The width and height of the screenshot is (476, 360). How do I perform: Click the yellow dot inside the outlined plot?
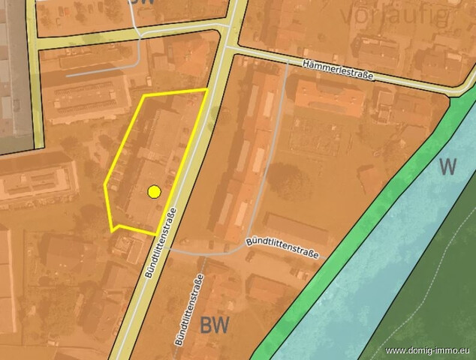pyautogui.click(x=154, y=192)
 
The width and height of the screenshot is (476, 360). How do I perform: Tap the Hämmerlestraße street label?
pyautogui.click(x=338, y=71)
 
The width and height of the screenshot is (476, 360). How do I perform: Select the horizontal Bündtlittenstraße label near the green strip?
pyautogui.click(x=282, y=248)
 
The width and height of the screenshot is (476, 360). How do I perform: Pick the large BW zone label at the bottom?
pyautogui.click(x=215, y=325)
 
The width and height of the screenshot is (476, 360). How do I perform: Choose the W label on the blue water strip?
pyautogui.click(x=447, y=166)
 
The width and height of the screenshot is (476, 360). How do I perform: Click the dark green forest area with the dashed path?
pyautogui.click(x=420, y=315)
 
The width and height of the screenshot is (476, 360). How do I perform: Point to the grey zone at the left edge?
pyautogui.click(x=14, y=75)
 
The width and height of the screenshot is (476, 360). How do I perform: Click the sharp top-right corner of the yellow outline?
pyautogui.click(x=206, y=89)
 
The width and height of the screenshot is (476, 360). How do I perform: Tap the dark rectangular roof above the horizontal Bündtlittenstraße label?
pyautogui.click(x=295, y=229)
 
